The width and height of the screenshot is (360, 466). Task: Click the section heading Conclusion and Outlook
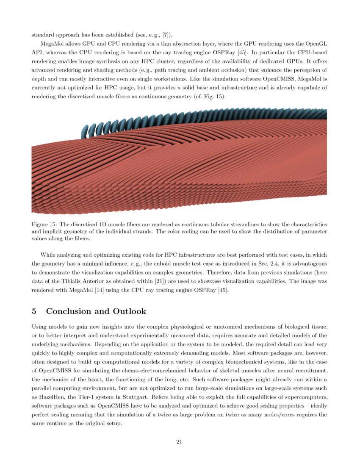pos(96,311)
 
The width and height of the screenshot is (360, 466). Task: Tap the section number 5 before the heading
pos(34,311)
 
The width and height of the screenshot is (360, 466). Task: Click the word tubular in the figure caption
pos(185,224)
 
